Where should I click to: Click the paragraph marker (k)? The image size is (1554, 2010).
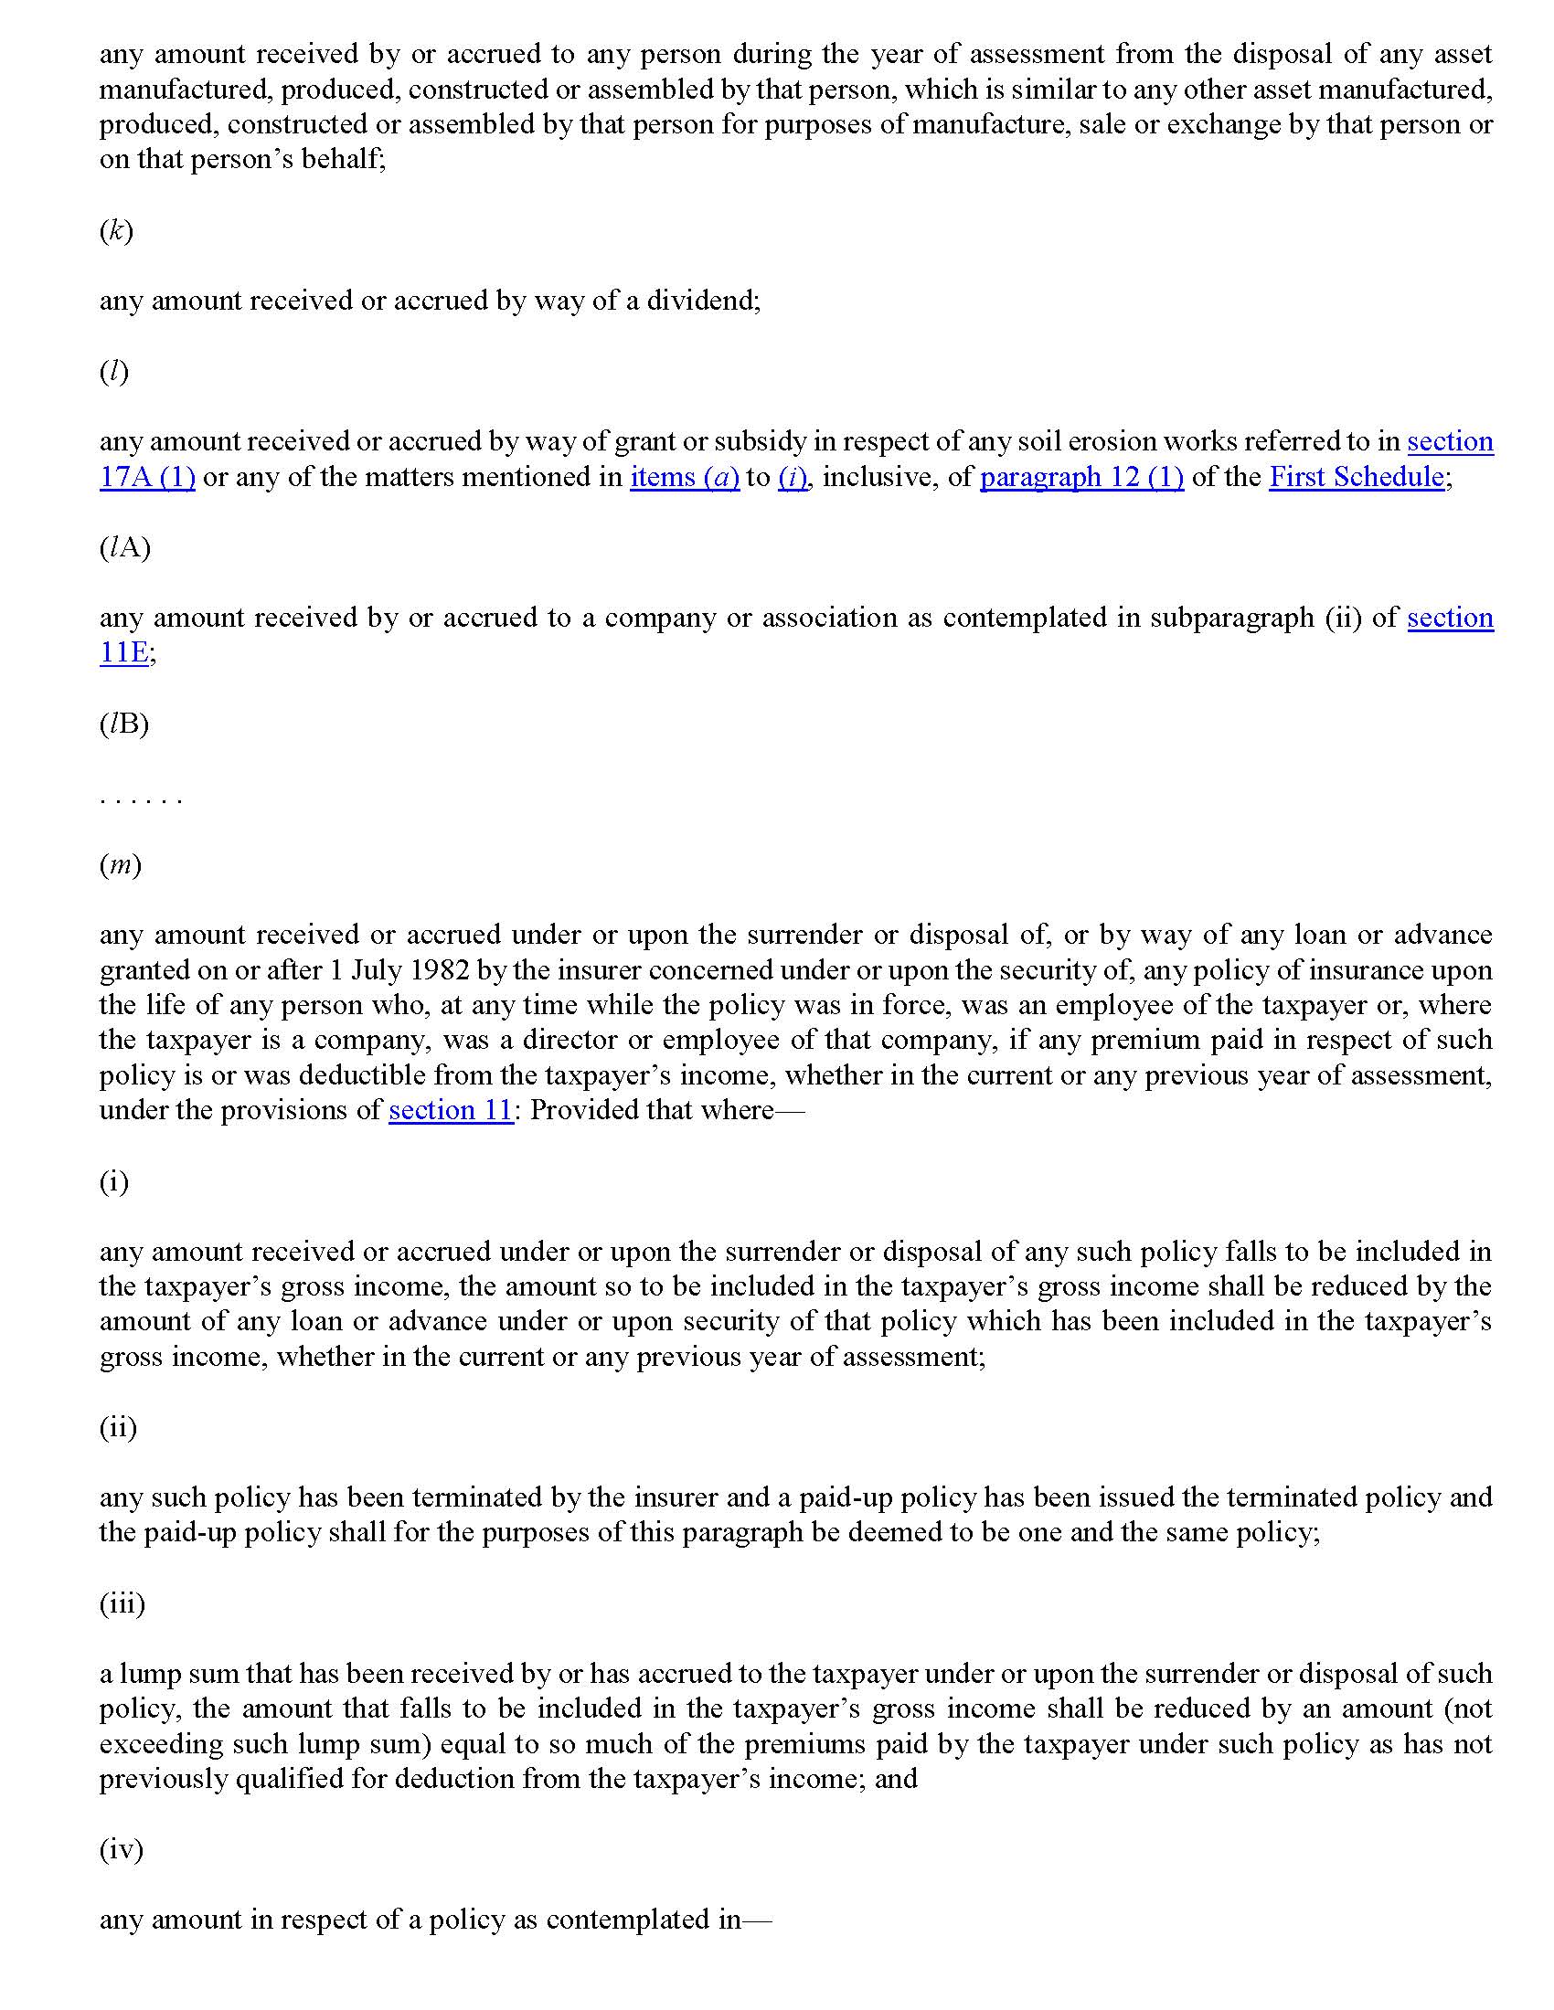pyautogui.click(x=116, y=230)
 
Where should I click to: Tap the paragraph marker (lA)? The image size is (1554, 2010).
pyautogui.click(x=124, y=547)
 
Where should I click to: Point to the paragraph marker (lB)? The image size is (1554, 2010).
pyautogui.click(x=123, y=724)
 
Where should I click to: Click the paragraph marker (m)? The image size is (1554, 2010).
pyautogui.click(x=120, y=865)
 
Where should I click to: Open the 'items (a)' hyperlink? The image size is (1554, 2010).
pyautogui.click(x=684, y=477)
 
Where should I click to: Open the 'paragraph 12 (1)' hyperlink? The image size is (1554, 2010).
pyautogui.click(x=1080, y=477)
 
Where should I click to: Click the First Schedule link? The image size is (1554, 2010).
pyautogui.click(x=1355, y=477)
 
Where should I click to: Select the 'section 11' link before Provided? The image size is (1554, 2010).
pyautogui.click(x=450, y=1110)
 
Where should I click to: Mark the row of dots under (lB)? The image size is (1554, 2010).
pyautogui.click(x=141, y=799)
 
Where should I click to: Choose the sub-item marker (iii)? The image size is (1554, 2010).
pyautogui.click(x=122, y=1604)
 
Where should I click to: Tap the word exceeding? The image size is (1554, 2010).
pyautogui.click(x=160, y=1744)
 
